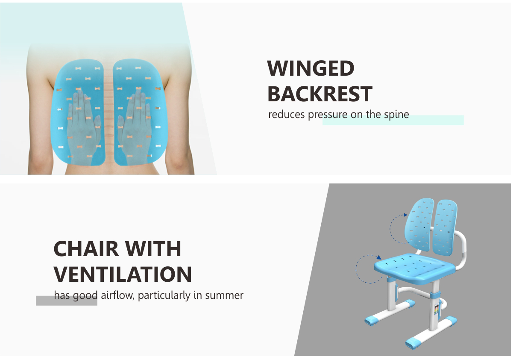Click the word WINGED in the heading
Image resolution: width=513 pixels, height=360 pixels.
tap(311, 68)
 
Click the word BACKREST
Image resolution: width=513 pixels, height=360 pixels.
tap(320, 94)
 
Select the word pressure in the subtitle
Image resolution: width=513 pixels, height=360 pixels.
tap(328, 115)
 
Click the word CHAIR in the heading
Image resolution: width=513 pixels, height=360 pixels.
tap(86, 249)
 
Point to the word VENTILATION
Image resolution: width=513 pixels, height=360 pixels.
tap(123, 274)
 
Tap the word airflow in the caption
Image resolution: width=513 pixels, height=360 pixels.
tap(117, 295)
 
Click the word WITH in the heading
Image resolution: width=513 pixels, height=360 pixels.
tap(153, 249)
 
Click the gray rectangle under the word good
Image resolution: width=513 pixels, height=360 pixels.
tap(67, 301)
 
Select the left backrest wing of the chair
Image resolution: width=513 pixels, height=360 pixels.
tap(419, 225)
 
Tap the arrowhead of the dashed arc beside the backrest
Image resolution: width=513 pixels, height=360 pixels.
tap(406, 215)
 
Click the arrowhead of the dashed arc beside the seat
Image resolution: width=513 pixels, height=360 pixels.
tap(379, 257)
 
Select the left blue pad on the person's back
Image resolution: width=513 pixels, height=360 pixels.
tap(78, 112)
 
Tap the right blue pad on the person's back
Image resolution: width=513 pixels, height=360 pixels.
tap(140, 112)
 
